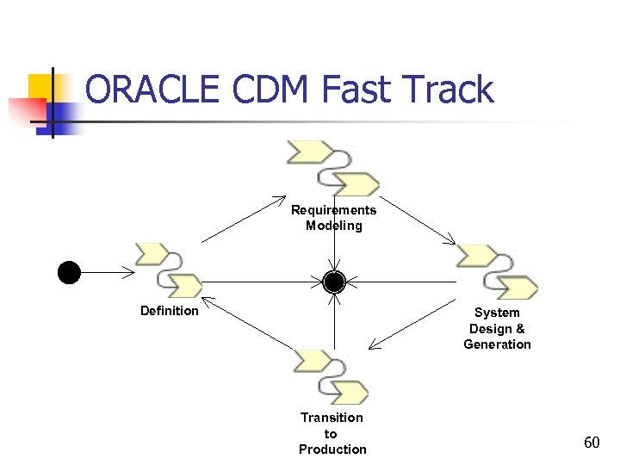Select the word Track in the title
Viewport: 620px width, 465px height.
[x=449, y=90]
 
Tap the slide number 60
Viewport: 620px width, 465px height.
[x=592, y=443]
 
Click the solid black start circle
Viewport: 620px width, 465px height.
[x=69, y=273]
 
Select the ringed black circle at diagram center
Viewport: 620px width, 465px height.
[x=334, y=282]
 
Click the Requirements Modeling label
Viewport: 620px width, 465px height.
[x=333, y=218]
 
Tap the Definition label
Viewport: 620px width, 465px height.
[x=170, y=311]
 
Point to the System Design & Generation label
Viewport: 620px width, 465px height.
[x=497, y=328]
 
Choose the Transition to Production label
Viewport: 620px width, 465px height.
[x=332, y=433]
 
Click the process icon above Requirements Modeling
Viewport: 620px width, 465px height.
[x=333, y=169]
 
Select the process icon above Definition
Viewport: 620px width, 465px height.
[x=169, y=270]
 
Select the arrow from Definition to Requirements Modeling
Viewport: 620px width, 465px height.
[x=243, y=220]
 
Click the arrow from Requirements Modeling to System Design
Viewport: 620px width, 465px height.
[x=417, y=221]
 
